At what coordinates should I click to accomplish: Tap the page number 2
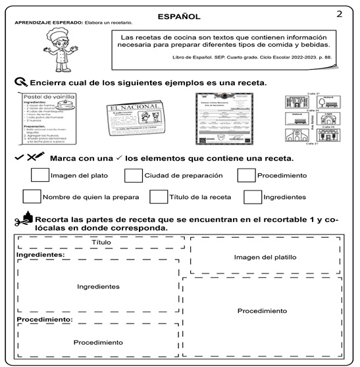tap(340, 14)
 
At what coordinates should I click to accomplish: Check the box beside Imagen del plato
tap(39, 175)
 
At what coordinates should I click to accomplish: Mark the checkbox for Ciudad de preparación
tap(134, 175)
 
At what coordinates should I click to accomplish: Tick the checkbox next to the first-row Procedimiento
tap(246, 175)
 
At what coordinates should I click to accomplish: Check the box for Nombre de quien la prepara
tap(31, 196)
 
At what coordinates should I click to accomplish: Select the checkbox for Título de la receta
tap(158, 196)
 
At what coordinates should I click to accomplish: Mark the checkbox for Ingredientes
tap(252, 196)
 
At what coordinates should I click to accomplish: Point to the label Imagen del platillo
tap(265, 257)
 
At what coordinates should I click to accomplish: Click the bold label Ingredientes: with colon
tap(40, 254)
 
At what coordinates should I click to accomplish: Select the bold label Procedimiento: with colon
tap(44, 320)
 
